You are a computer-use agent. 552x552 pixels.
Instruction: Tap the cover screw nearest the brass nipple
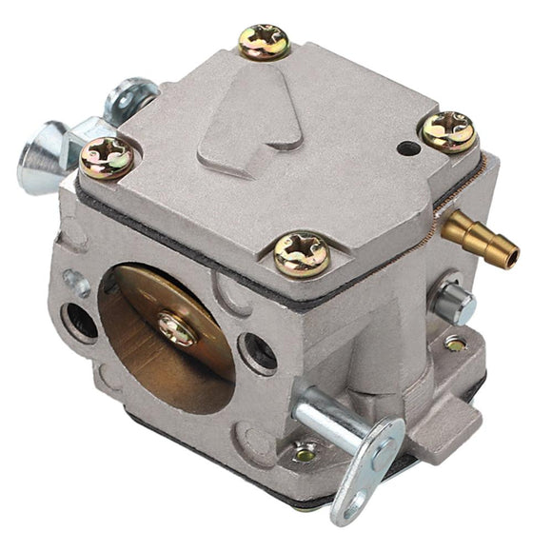point(447,131)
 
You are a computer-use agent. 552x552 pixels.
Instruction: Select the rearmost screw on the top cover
point(264,41)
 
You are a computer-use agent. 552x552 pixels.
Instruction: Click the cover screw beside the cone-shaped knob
point(108,158)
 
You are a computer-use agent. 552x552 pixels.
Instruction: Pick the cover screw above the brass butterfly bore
point(302,254)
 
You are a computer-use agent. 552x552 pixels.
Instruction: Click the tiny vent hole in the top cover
point(407,148)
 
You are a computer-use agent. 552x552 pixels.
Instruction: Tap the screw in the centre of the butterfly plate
point(177,328)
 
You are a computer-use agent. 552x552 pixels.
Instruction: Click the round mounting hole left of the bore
point(80,321)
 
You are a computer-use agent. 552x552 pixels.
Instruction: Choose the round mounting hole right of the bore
point(258,353)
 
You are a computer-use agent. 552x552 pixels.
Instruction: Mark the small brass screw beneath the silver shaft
point(305,453)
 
